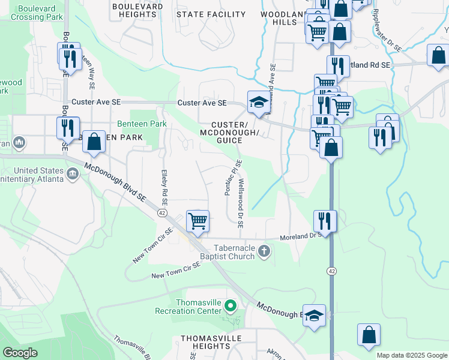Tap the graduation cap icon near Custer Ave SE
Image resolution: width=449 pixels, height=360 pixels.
click(x=258, y=103)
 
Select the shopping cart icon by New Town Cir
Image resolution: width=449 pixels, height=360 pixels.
click(x=197, y=221)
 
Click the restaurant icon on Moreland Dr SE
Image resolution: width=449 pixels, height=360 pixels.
click(x=325, y=220)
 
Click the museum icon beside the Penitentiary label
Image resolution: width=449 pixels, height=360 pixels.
click(x=73, y=174)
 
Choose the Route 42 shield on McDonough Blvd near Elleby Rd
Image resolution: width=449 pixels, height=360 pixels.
click(x=162, y=212)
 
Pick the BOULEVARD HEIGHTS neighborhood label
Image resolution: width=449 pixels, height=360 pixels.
click(x=137, y=10)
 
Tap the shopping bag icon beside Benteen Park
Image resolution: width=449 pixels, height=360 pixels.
click(x=94, y=142)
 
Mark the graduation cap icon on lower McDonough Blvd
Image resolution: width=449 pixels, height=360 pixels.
click(x=314, y=316)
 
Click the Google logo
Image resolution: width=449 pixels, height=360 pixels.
click(x=20, y=353)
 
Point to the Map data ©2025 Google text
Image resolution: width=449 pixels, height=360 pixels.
click(x=411, y=355)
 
